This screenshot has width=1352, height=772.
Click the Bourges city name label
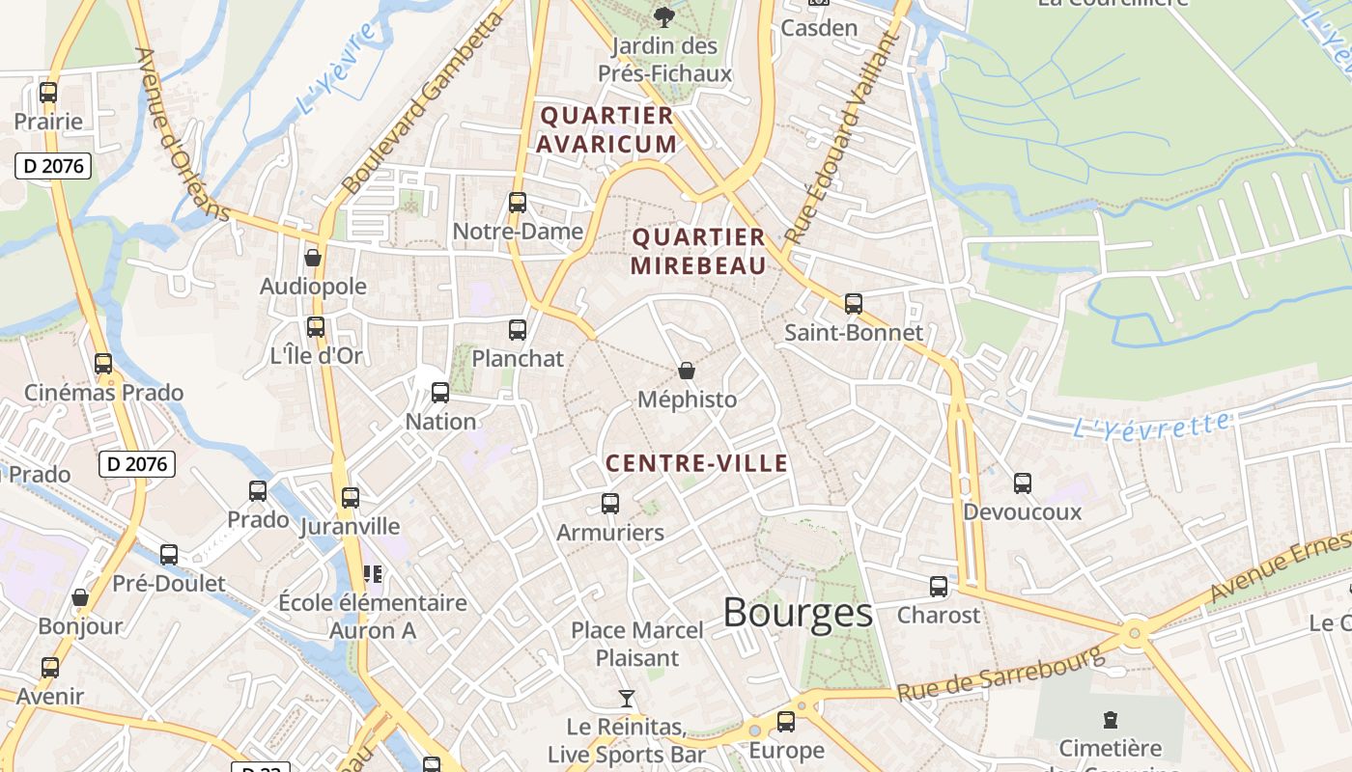798,613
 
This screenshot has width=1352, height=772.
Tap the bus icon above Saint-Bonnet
853,304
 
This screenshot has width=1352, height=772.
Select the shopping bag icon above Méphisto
687,371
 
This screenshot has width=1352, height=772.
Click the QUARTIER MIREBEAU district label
698,251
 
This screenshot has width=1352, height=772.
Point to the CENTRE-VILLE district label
696,464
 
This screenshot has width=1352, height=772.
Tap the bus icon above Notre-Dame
518,203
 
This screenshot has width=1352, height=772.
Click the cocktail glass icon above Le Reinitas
627,698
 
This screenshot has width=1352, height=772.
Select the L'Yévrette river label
1152,425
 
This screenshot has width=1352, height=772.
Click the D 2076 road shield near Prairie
54,166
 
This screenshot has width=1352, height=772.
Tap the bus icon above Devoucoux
1023,483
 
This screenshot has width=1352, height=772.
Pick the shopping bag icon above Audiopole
313,258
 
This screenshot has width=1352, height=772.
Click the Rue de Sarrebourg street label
1000,674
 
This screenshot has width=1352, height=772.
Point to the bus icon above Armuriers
610,504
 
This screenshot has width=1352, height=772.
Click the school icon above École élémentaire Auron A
373,574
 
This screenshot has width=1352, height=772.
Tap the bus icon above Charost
939,587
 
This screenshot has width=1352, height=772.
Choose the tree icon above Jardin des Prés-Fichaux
663,16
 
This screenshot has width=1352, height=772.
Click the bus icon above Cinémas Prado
103,364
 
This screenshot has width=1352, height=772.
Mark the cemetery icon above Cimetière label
1111,719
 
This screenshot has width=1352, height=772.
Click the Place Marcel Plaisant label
637,644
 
